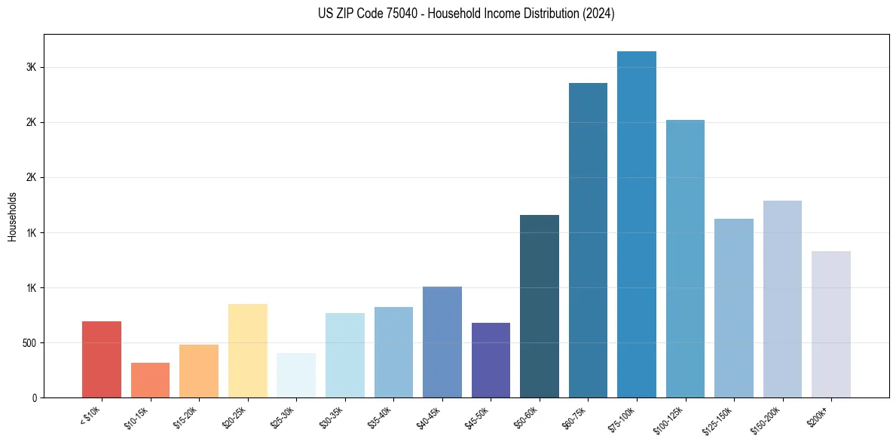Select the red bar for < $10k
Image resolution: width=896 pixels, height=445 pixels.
tap(102, 360)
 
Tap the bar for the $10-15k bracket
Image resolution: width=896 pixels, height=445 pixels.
tap(150, 380)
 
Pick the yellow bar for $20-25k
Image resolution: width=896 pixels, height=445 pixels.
tap(247, 351)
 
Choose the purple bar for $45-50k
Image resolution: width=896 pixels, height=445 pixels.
tap(491, 361)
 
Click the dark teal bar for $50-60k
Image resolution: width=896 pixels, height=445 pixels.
tap(540, 306)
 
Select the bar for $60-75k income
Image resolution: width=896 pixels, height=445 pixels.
tap(588, 241)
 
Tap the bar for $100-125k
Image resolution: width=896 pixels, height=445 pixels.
tap(685, 259)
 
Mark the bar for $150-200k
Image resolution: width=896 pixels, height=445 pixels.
tap(782, 299)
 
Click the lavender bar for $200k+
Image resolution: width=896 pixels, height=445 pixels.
tap(830, 324)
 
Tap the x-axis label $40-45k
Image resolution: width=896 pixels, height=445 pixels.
tap(427, 417)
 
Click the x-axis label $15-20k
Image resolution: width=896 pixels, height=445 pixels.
tap(184, 417)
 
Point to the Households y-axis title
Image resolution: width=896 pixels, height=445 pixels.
tap(13, 216)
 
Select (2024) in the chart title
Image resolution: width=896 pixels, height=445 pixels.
tap(598, 14)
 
